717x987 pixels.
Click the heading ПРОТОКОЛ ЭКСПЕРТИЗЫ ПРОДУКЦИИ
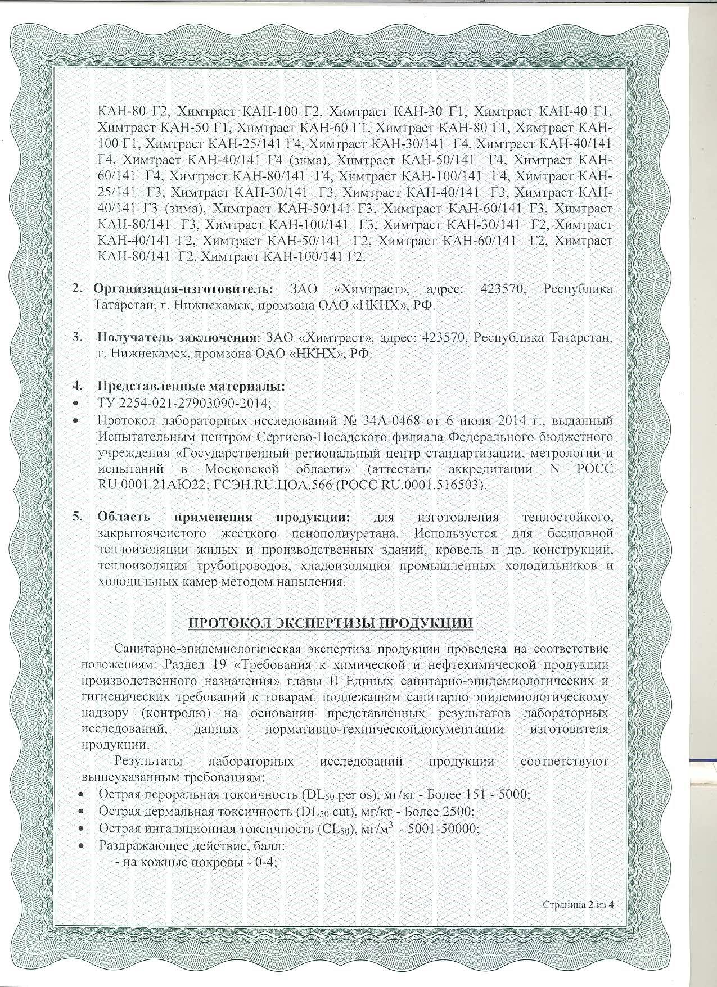click(330, 624)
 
